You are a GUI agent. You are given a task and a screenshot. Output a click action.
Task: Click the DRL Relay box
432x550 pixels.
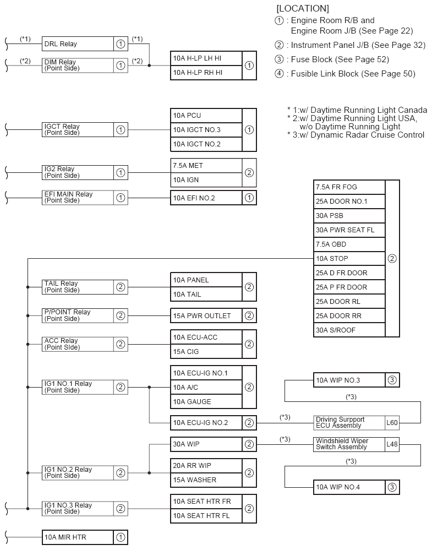77,44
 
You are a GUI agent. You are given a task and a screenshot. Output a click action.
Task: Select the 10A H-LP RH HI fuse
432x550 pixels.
206,72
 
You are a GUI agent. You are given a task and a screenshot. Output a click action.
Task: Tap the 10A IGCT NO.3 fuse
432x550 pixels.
206,130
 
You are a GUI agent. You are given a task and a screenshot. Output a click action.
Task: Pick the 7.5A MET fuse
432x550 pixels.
206,165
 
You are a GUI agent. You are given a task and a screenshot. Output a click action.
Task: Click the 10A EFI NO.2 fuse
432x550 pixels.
206,198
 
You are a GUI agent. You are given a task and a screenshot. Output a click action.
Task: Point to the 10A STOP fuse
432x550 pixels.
349,258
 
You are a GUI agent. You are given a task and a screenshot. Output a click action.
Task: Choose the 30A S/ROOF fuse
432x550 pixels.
349,330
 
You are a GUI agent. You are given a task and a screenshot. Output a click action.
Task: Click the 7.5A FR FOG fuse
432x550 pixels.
349,187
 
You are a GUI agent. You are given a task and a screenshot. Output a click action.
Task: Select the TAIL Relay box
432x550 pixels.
77,287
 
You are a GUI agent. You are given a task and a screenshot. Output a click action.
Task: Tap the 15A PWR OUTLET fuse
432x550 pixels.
206,316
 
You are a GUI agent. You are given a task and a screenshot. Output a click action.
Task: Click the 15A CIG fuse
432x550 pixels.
206,351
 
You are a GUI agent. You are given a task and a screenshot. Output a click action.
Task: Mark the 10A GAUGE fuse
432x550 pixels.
206,401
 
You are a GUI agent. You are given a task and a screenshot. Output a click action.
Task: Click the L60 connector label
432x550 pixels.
392,423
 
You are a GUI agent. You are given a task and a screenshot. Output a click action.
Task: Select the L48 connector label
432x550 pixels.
392,444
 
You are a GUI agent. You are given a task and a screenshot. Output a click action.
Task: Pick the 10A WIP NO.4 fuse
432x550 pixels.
349,487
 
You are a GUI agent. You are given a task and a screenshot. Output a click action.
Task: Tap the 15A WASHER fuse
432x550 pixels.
206,480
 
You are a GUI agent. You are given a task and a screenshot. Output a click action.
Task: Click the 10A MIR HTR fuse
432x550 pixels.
77,537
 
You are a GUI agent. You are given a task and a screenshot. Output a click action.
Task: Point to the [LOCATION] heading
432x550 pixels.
303,8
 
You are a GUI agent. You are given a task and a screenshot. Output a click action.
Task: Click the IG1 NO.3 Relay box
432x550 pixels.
77,509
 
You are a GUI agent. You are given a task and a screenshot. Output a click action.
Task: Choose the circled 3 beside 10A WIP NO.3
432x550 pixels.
392,380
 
